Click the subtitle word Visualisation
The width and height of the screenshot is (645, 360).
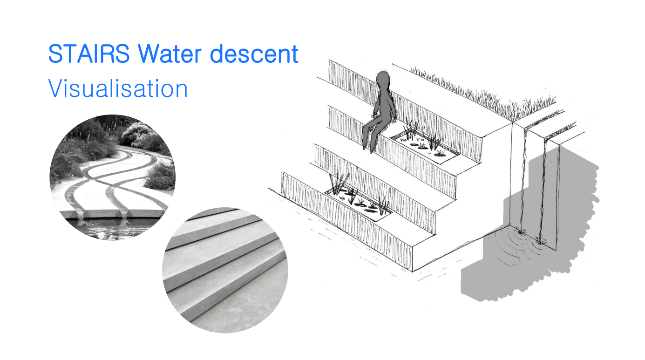(118, 88)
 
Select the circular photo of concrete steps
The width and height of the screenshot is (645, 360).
(225, 270)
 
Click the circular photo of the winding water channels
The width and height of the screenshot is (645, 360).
(112, 177)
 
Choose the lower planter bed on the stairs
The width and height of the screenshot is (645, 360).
(359, 201)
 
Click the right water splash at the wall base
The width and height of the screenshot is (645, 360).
(541, 241)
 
